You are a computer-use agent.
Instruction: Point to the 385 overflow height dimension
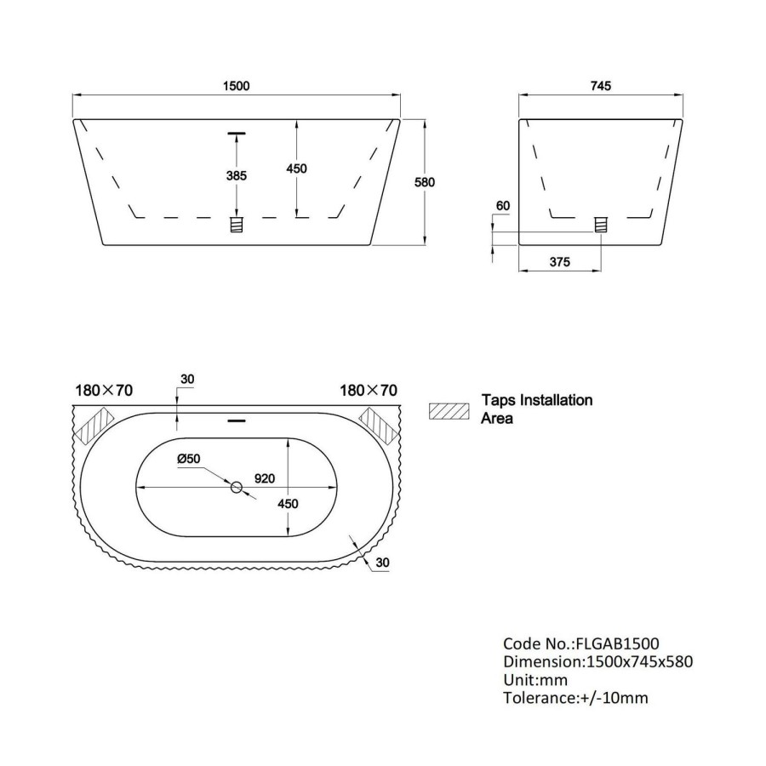236,176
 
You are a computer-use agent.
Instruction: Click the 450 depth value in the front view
295,169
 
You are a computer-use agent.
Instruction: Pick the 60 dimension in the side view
501,207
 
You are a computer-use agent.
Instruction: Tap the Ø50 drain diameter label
188,459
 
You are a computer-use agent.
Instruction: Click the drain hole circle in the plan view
237,487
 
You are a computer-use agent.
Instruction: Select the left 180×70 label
104,391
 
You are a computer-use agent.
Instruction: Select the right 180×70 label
369,391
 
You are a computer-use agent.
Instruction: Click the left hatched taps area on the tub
94,425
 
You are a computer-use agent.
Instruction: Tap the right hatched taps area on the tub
380,425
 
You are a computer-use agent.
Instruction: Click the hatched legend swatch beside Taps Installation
450,409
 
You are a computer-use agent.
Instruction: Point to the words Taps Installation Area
536,409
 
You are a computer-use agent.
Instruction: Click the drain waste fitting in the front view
237,225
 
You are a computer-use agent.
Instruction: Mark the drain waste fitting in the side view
601,225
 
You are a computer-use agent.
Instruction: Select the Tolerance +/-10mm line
575,699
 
